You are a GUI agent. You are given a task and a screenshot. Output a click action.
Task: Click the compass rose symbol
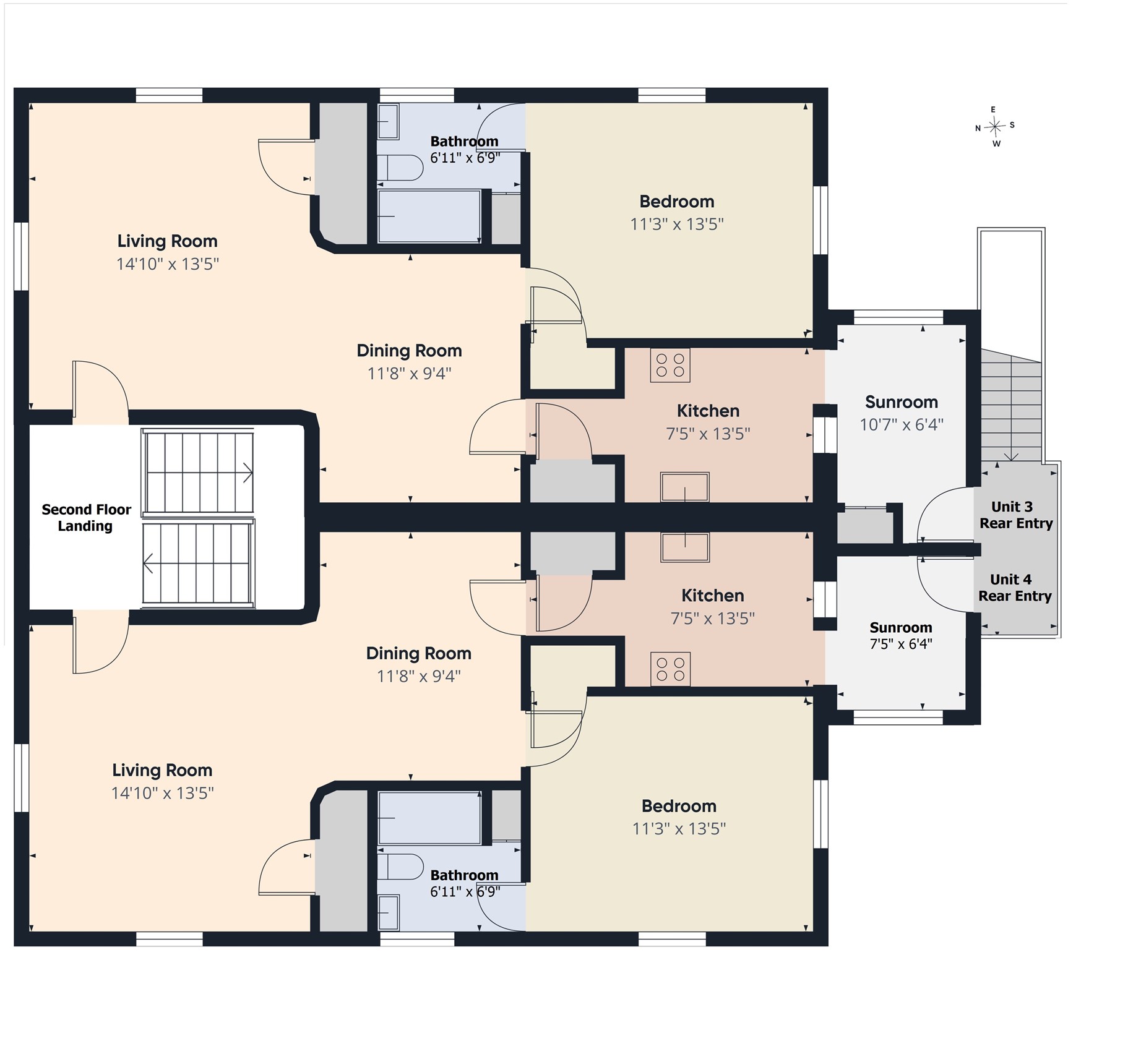pyautogui.click(x=995, y=127)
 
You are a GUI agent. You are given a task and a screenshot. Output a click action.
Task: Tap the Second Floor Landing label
pyautogui.click(x=86, y=518)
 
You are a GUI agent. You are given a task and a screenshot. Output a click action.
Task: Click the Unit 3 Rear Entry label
pyautogui.click(x=1016, y=515)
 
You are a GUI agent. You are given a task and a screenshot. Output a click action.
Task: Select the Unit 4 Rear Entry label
pyautogui.click(x=1015, y=588)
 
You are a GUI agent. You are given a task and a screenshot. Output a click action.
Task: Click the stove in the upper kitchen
pyautogui.click(x=670, y=365)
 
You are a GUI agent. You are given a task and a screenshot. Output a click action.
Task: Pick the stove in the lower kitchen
pyautogui.click(x=670, y=669)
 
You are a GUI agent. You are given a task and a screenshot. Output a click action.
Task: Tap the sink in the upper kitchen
pyautogui.click(x=684, y=487)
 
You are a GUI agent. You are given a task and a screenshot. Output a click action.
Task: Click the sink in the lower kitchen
pyautogui.click(x=684, y=547)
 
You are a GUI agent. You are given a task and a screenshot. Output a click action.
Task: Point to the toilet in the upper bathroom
pyautogui.click(x=400, y=168)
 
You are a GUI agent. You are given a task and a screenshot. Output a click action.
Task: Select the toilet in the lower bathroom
pyautogui.click(x=400, y=867)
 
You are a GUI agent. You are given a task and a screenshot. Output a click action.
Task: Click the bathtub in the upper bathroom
pyautogui.click(x=429, y=216)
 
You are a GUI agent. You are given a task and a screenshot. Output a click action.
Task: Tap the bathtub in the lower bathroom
pyautogui.click(x=429, y=818)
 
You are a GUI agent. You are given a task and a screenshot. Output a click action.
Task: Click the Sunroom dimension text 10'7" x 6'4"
pyautogui.click(x=902, y=424)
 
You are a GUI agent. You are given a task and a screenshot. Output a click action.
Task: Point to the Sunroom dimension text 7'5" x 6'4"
pyautogui.click(x=901, y=644)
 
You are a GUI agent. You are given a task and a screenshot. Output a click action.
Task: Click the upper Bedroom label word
pyautogui.click(x=677, y=202)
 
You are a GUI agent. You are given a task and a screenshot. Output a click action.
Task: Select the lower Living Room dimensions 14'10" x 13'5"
pyautogui.click(x=163, y=793)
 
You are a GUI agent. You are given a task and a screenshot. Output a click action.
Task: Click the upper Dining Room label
pyautogui.click(x=410, y=351)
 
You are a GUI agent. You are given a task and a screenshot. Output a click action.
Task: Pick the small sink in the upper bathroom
pyautogui.click(x=388, y=122)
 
